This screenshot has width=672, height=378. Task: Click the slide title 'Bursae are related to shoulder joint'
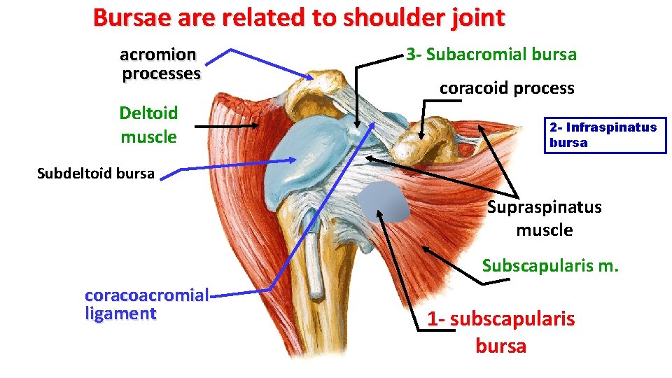298,17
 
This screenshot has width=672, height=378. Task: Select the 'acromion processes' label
160,64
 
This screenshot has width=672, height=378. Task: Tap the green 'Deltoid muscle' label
148,125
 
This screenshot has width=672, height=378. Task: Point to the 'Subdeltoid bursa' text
95,174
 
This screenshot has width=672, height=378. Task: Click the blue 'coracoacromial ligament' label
146,304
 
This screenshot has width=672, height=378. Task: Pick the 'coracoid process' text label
507,88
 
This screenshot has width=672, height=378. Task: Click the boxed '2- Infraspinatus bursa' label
603,135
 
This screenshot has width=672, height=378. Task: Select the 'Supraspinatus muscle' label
544,218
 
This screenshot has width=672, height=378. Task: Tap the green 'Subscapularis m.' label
550,266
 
